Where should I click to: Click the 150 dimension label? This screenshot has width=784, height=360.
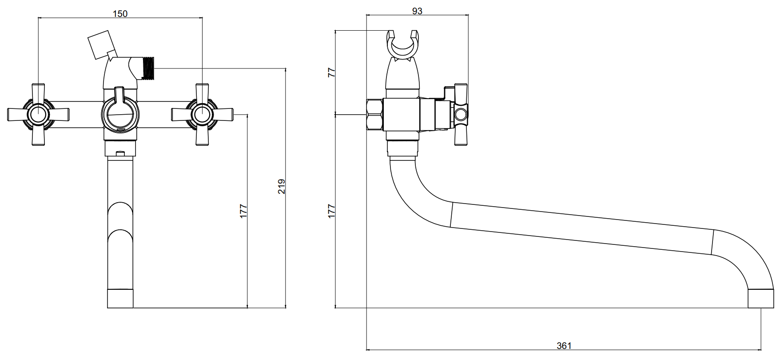click(120, 13)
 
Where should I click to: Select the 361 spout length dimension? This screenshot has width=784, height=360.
click(564, 345)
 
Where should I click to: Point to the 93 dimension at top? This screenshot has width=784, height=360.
click(417, 11)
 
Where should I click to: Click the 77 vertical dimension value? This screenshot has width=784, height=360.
click(331, 73)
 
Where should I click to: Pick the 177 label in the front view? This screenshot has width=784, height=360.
click(243, 211)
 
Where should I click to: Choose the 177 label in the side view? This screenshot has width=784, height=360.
click(331, 211)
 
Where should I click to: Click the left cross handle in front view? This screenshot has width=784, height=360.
click(38, 114)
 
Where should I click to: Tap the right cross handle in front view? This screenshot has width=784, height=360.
click(202, 114)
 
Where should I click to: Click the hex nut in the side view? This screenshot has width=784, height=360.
click(375, 115)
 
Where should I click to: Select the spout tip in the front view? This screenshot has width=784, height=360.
click(120, 299)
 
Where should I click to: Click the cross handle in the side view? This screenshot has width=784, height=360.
click(460, 114)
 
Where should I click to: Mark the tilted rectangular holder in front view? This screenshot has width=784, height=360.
click(100, 44)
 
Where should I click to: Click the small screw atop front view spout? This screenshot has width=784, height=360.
click(119, 154)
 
